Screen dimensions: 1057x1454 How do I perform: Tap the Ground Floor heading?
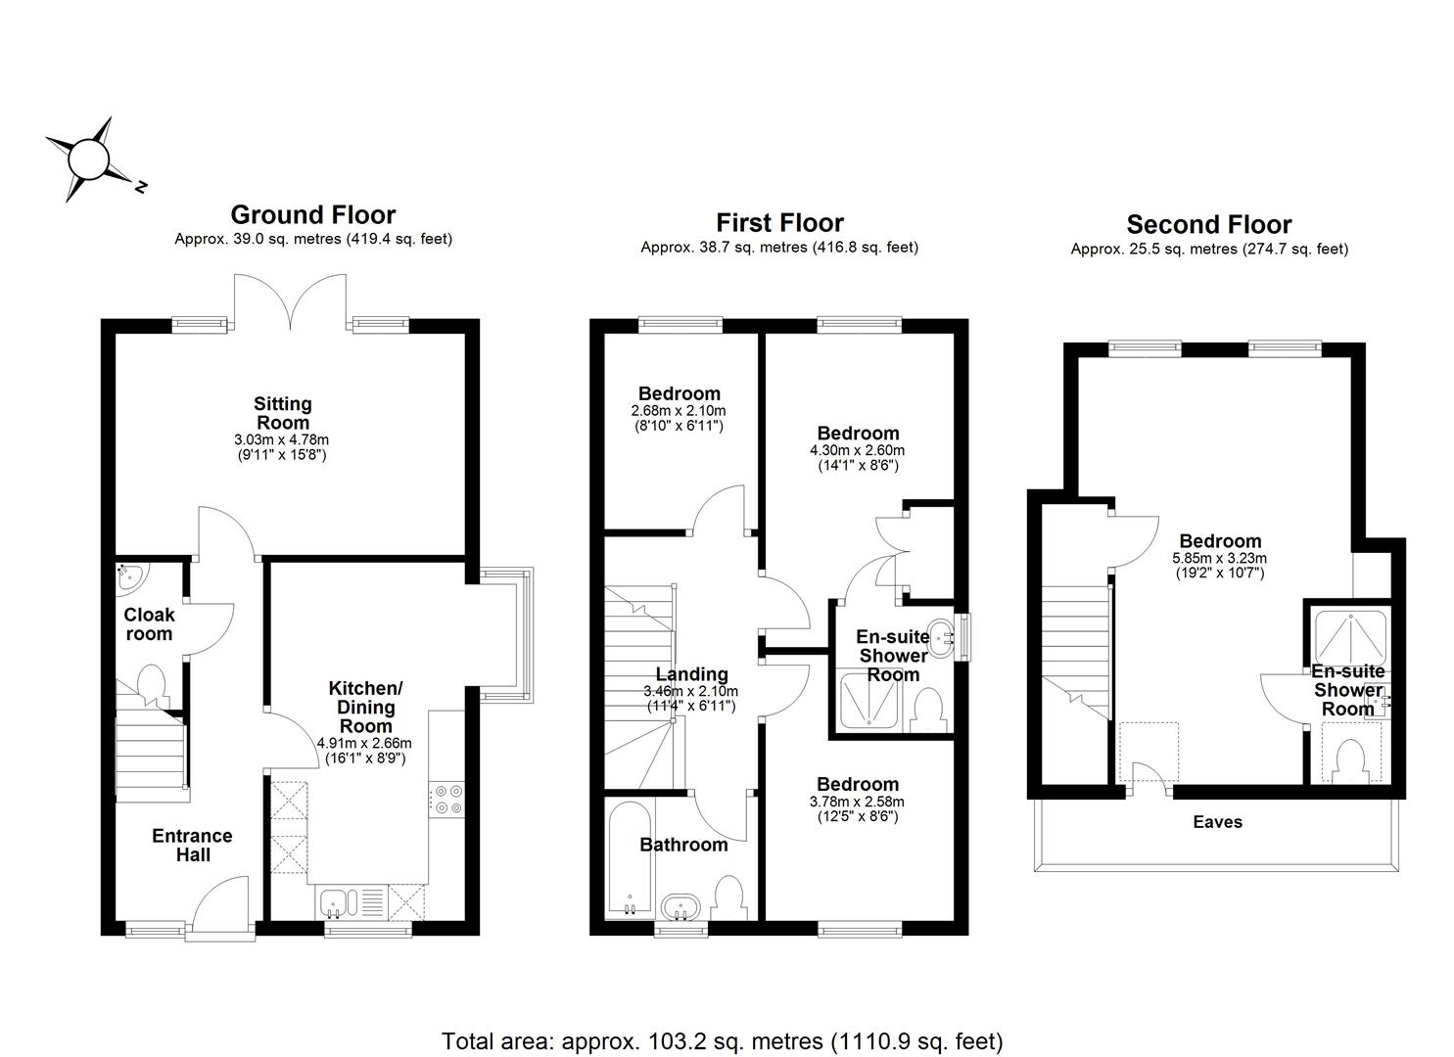[x=312, y=215]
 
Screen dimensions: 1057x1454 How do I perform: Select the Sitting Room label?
[x=282, y=413]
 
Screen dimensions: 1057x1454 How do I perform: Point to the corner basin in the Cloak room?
[x=128, y=577]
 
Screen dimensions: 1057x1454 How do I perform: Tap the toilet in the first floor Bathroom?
[x=727, y=896]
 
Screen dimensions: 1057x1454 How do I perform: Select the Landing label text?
[x=691, y=674]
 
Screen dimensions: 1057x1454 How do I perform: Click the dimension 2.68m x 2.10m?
[x=679, y=411]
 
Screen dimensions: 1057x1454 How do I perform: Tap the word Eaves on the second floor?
[x=1217, y=822]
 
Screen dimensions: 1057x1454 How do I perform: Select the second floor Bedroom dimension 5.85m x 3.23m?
[x=1219, y=559]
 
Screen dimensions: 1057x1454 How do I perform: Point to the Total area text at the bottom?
[x=722, y=1041]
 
